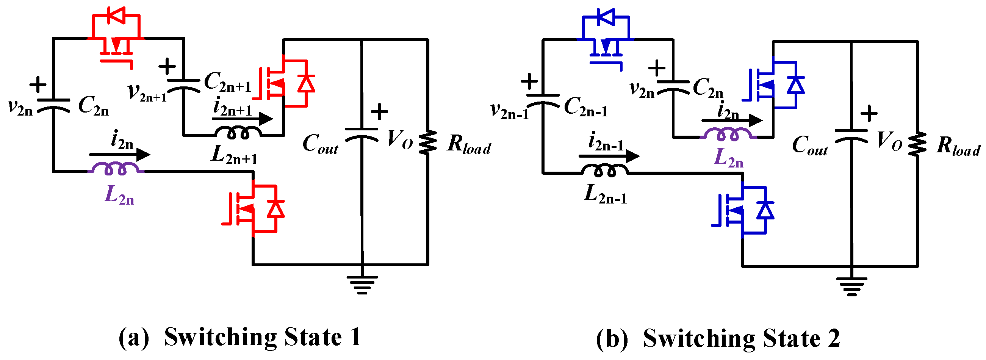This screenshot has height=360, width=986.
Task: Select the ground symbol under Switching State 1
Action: [x=362, y=285]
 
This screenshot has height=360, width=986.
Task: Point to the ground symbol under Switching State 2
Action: [x=851, y=287]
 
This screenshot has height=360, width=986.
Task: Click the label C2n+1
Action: [x=227, y=82]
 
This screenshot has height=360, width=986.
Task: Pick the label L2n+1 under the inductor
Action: [x=234, y=155]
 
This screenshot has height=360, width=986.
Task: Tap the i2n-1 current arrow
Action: [x=609, y=156]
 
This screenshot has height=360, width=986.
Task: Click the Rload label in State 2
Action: [x=958, y=146]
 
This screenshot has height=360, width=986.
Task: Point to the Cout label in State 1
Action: [x=320, y=144]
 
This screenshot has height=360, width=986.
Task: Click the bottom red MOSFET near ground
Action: [x=253, y=209]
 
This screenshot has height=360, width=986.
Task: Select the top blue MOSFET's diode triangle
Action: [x=606, y=17]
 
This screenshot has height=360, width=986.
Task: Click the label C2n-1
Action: [x=585, y=106]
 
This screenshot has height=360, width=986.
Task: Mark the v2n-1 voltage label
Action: [x=509, y=111]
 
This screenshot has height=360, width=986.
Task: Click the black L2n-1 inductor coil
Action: [x=605, y=171]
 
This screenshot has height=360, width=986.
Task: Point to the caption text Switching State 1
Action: [x=263, y=337]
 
